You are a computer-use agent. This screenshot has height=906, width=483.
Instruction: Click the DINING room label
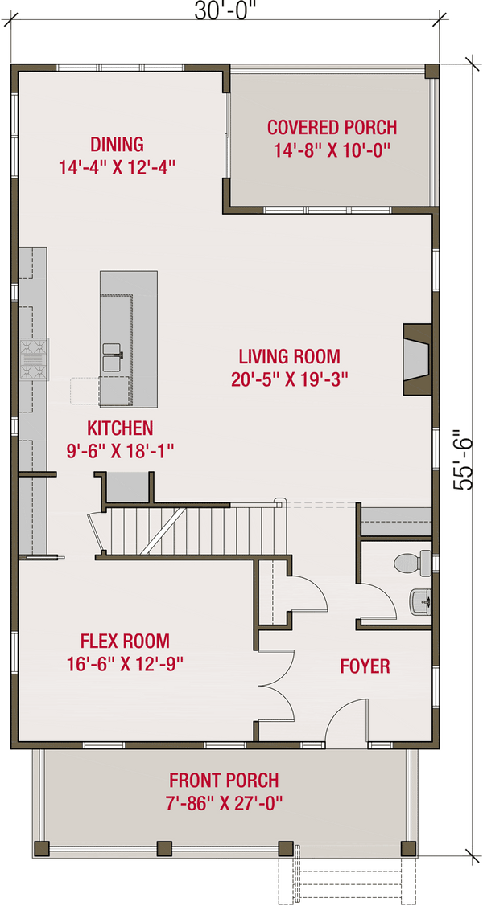coord(117,143)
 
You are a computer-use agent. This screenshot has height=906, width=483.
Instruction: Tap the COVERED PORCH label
coord(332,126)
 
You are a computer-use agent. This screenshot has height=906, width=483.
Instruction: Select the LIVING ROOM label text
coord(289,355)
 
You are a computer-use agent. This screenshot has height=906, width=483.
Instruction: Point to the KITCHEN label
coord(120,428)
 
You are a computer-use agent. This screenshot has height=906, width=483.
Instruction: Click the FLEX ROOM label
coord(125,641)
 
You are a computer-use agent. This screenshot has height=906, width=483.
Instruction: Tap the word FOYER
coord(365,666)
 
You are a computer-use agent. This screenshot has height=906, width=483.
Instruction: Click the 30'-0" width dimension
coord(225,11)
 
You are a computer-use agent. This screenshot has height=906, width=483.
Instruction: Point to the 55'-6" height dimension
coord(464,459)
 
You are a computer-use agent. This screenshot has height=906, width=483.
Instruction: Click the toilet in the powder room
coord(412,562)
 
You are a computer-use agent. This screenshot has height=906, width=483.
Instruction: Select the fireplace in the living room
coord(417,360)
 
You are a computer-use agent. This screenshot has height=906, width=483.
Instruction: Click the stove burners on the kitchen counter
coord(34,359)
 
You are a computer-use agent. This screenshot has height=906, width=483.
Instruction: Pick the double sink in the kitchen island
coord(114,357)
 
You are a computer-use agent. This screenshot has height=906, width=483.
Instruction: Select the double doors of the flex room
coord(276,685)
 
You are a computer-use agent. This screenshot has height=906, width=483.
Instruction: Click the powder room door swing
coord(378,599)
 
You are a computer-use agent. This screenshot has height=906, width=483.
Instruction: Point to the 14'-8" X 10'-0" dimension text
coord(332,151)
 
